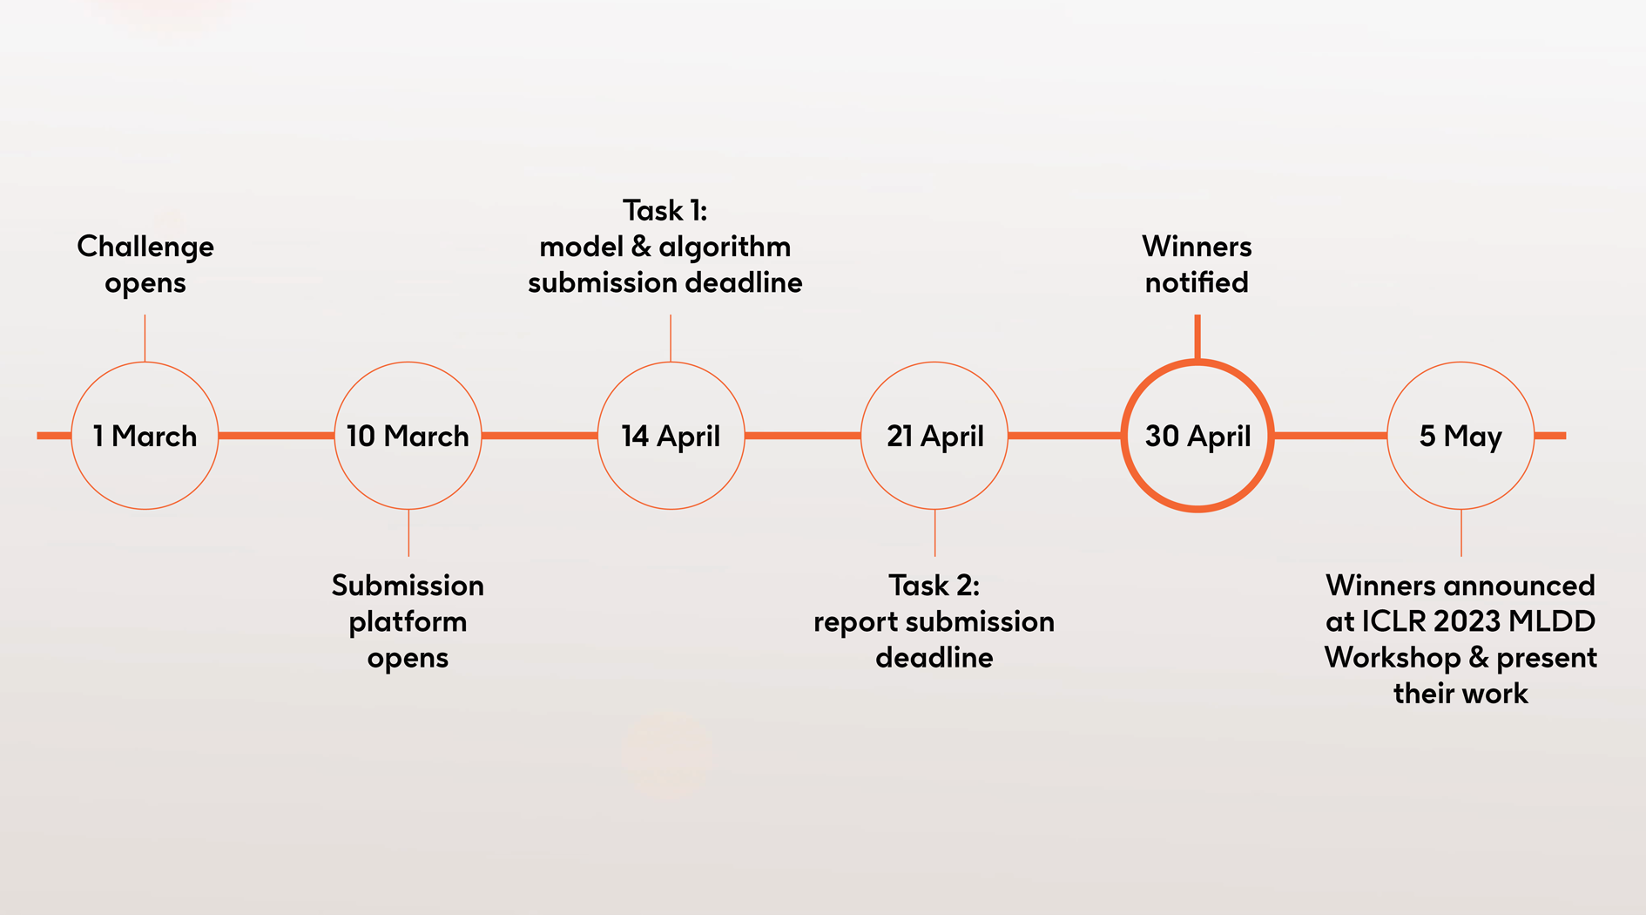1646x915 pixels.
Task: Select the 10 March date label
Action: pyautogui.click(x=408, y=436)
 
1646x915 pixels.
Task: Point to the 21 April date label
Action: pyautogui.click(x=934, y=436)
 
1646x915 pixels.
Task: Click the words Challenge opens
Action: pyautogui.click(x=145, y=264)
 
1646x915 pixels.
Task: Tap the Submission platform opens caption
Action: pyautogui.click(x=408, y=621)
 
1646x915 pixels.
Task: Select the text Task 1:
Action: pyautogui.click(x=665, y=210)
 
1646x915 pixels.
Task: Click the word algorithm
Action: pyautogui.click(x=725, y=247)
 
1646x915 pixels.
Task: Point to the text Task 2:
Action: pyautogui.click(x=934, y=585)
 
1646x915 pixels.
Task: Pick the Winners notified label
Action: pyautogui.click(x=1197, y=264)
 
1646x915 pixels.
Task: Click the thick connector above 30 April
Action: pyautogui.click(x=1197, y=337)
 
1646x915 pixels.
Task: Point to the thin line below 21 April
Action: pyautogui.click(x=934, y=532)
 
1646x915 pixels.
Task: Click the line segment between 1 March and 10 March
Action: pyautogui.click(x=276, y=436)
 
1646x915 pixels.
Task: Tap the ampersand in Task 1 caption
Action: pyautogui.click(x=641, y=247)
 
